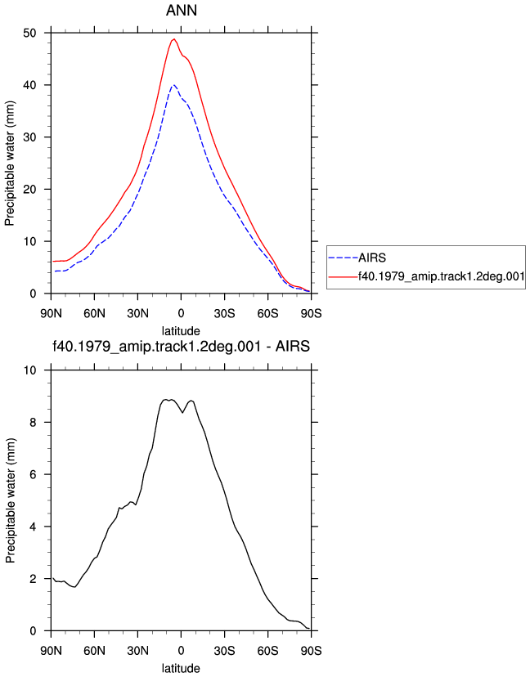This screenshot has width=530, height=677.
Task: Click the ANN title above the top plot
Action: click(182, 10)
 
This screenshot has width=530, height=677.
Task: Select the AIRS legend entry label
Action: click(372, 258)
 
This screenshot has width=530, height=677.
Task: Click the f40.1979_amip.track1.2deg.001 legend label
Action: click(442, 276)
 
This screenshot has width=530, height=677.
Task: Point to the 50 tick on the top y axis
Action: click(29, 33)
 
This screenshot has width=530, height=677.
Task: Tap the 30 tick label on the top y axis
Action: click(29, 137)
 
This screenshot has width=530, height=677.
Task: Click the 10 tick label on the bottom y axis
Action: click(29, 370)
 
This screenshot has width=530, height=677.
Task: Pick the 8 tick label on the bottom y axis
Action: click(34, 423)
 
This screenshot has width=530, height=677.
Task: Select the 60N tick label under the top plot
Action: click(94, 313)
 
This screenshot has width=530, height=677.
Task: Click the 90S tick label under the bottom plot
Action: click(312, 651)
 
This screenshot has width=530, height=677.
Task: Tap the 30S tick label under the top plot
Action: click(225, 313)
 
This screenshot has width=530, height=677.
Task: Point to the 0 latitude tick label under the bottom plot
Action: click(181, 651)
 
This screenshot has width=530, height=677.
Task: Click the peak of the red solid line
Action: click(174, 39)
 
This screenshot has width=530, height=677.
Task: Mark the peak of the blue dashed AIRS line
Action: click(173, 85)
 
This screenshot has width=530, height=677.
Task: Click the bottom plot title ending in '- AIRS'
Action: click(182, 347)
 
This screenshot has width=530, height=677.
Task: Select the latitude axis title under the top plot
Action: click(181, 331)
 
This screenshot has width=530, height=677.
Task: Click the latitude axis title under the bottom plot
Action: click(181, 668)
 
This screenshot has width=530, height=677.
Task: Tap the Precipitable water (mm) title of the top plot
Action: click(10, 164)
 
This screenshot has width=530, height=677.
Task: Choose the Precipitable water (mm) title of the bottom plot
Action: click(10, 500)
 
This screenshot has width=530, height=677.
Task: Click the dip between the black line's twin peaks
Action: click(182, 413)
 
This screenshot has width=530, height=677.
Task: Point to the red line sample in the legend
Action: click(344, 276)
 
